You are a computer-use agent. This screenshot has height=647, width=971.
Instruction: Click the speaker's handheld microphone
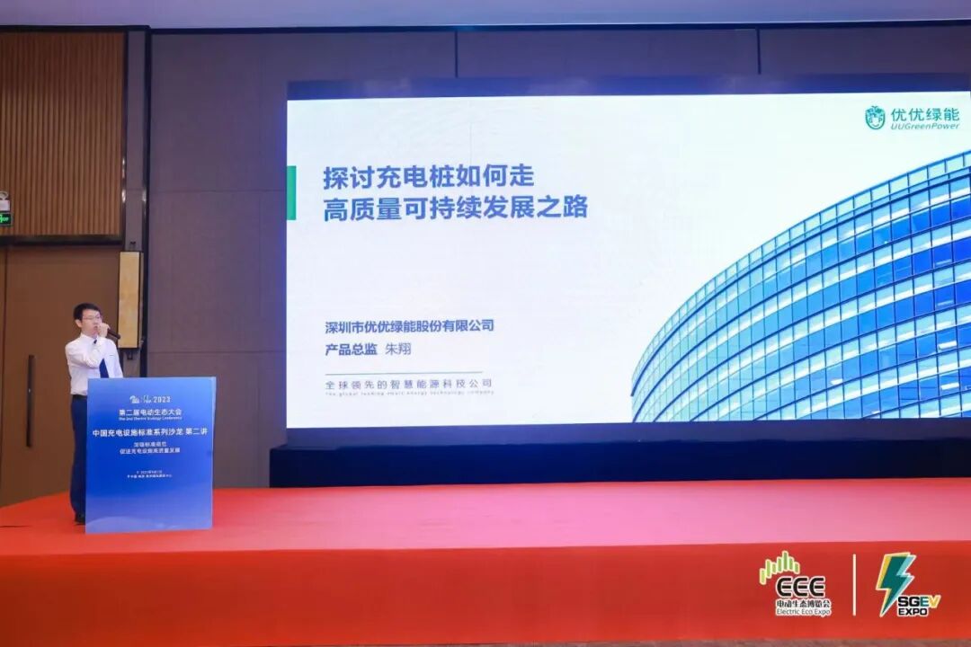click(110, 333)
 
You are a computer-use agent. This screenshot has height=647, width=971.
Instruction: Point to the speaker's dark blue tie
click(102, 364)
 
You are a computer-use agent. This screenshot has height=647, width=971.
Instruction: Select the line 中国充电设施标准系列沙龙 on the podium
click(150, 433)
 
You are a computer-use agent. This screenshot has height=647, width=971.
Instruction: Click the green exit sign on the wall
click(4, 218)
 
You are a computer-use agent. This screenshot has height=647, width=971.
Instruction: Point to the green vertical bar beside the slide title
click(290, 193)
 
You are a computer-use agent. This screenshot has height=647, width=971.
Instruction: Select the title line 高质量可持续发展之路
click(455, 208)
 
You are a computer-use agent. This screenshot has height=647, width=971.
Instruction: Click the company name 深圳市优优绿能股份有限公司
click(409, 326)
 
